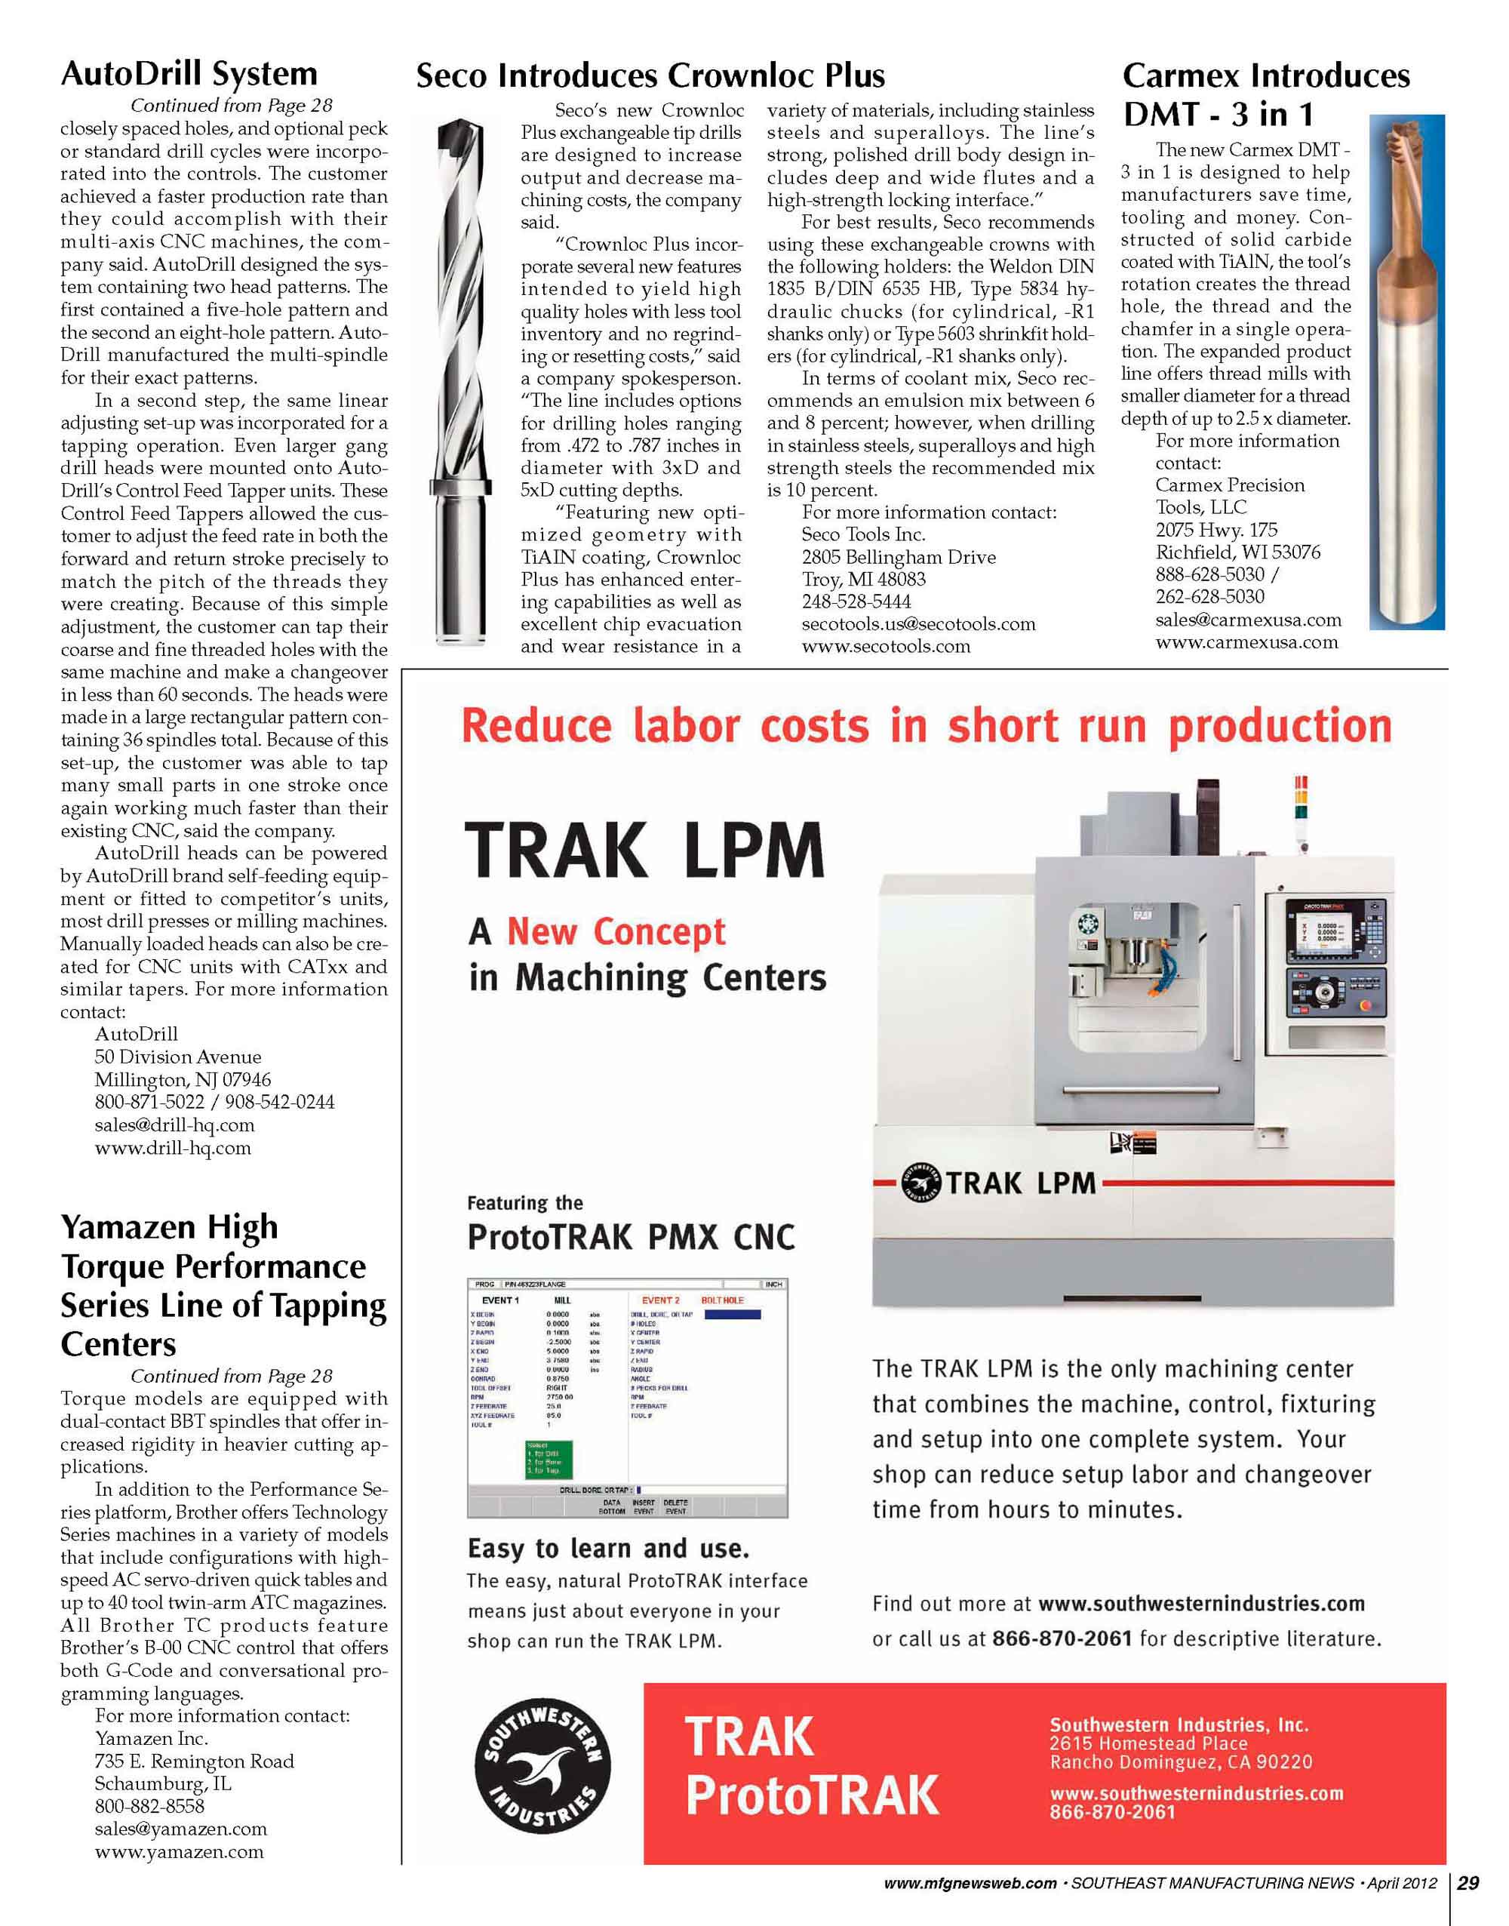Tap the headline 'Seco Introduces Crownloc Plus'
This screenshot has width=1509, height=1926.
(650, 76)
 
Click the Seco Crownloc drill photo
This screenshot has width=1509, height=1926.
(460, 380)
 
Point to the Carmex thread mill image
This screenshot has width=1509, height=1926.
(1407, 371)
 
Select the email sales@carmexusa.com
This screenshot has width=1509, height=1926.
(1247, 620)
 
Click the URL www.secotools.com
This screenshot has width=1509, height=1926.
(885, 647)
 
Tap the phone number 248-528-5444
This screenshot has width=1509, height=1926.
(855, 601)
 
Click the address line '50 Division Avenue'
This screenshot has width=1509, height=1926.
(177, 1057)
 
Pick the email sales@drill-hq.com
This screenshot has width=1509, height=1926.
(174, 1125)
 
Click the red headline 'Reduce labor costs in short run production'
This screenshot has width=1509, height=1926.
(925, 726)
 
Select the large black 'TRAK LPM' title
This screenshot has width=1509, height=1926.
(645, 850)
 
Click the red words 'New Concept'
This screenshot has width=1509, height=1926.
(616, 931)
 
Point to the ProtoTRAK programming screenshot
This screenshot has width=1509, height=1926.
(626, 1398)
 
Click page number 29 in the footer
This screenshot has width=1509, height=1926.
(1468, 1883)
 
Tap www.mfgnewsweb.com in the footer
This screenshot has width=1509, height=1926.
(970, 1884)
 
